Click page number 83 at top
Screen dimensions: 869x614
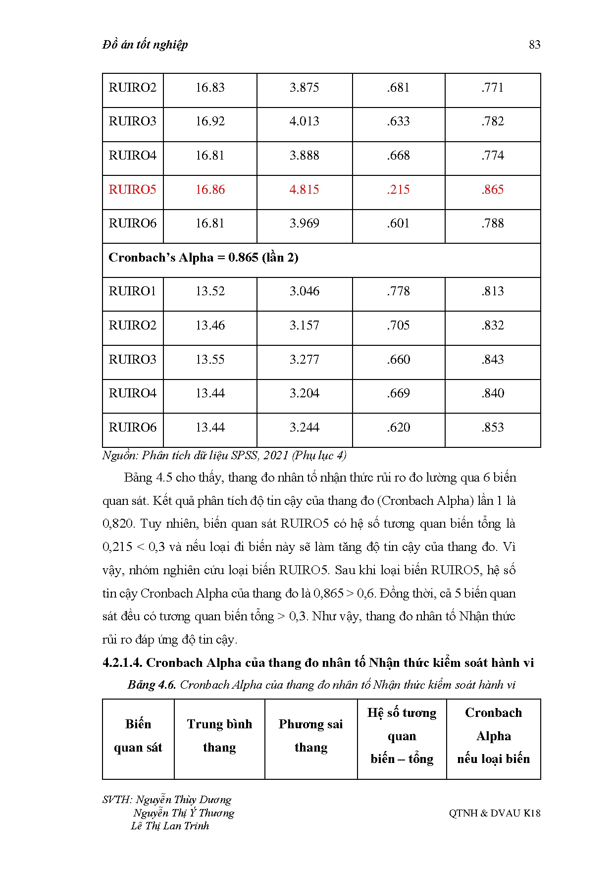coord(534,45)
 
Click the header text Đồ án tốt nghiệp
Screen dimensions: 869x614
coord(145,45)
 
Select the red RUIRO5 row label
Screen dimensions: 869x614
coord(132,189)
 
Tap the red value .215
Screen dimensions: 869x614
coord(398,189)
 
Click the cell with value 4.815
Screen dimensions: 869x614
coord(304,189)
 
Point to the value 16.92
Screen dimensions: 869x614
coord(210,121)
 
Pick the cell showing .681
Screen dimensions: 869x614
coord(398,88)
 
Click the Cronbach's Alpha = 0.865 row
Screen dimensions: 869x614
coord(204,258)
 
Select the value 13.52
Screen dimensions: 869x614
coord(210,291)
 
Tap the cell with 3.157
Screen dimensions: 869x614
coord(304,326)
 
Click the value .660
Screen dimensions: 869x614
coord(398,359)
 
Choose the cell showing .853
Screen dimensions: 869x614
coord(492,427)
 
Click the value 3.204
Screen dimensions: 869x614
coord(304,393)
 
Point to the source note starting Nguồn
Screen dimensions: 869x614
coord(224,455)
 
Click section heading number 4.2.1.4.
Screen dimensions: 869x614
coord(122,663)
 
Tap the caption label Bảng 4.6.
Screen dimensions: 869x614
coord(152,685)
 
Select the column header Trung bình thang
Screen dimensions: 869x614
coord(219,736)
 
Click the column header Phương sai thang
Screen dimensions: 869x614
coord(310,736)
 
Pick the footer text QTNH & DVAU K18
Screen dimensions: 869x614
coord(494,813)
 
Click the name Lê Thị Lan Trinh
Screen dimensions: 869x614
coord(170,826)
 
